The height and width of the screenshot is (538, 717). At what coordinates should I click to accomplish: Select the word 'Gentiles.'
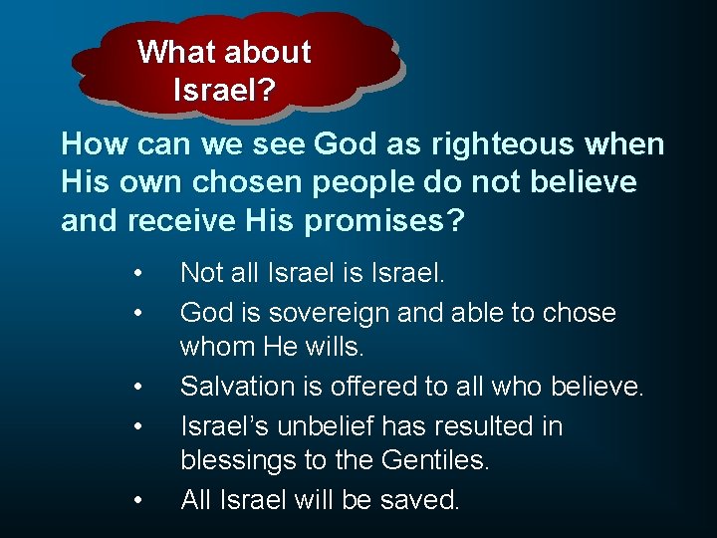(x=435, y=461)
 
